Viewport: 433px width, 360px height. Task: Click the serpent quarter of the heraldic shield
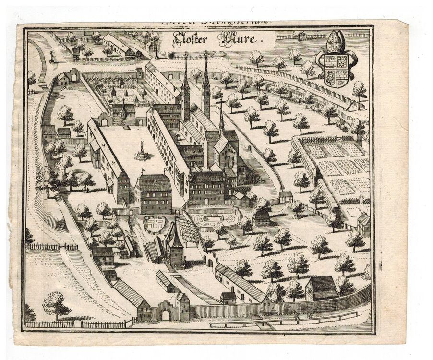point(329,76)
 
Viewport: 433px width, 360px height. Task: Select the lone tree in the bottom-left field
point(57,303)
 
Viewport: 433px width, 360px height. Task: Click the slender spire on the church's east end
point(221,115)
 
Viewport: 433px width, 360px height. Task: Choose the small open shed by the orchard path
point(286,196)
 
